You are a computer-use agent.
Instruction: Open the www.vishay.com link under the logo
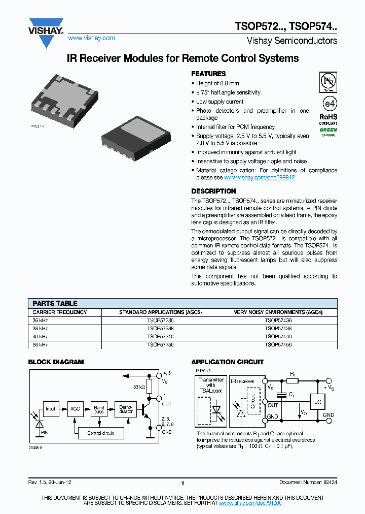point(91,38)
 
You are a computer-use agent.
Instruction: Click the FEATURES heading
point(208,74)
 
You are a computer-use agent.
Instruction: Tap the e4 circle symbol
point(328,104)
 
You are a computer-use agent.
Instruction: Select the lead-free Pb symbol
point(328,82)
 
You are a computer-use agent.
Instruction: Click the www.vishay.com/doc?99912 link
point(259,178)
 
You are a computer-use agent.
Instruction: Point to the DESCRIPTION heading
point(213,191)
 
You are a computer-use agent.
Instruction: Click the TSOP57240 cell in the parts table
point(160,336)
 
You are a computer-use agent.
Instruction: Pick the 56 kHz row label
point(41,344)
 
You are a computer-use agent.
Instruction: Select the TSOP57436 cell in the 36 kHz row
point(278,320)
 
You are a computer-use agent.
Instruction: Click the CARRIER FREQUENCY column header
point(60,312)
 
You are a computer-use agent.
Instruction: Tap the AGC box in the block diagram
point(76,409)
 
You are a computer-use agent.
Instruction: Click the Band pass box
point(99,409)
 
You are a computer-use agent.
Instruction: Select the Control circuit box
point(100,433)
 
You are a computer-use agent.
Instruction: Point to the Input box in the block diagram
point(51,409)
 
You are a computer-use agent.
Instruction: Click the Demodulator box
point(126,409)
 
